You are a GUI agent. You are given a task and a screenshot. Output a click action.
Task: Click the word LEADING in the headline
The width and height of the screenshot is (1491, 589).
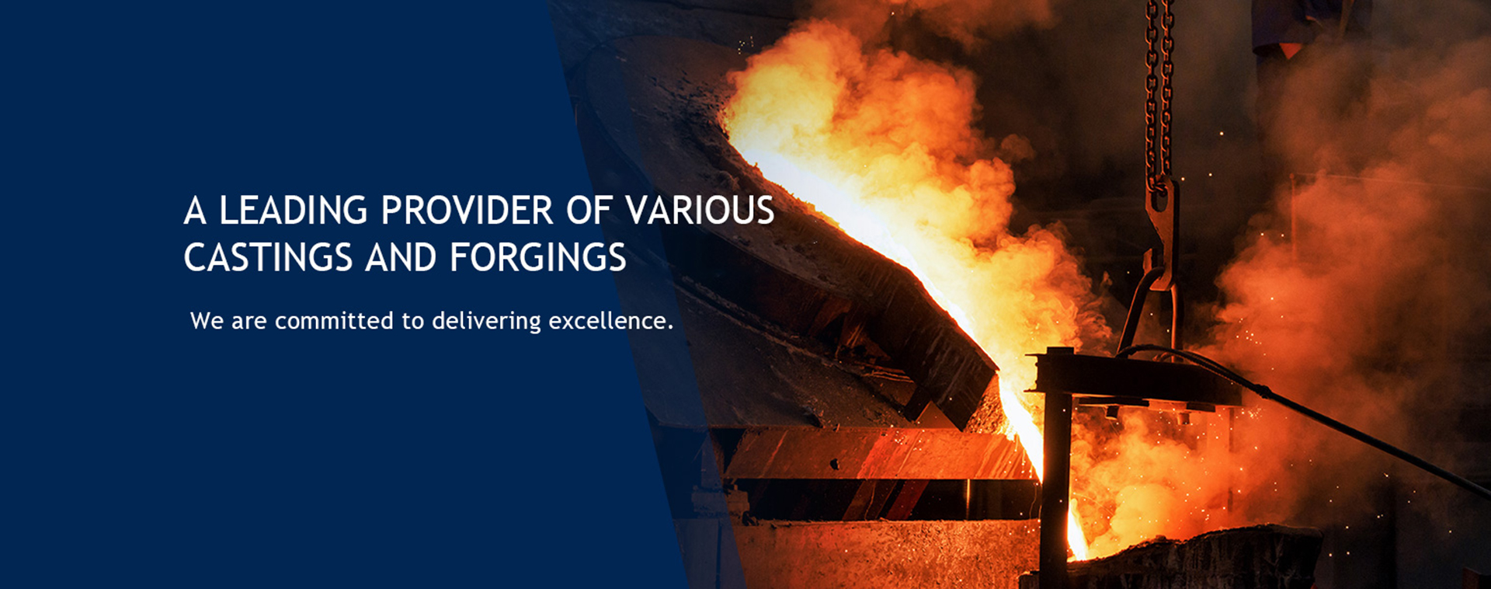tap(293, 211)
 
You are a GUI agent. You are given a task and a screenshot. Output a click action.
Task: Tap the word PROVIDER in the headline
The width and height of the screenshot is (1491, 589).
tap(467, 211)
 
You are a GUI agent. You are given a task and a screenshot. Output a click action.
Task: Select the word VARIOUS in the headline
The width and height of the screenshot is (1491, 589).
tap(700, 211)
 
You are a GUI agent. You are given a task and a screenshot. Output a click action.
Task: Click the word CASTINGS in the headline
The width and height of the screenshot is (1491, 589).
tap(268, 258)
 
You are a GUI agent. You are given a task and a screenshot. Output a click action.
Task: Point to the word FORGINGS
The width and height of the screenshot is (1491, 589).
tap(538, 258)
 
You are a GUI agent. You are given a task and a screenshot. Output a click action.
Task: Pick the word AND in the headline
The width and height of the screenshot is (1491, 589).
tap(401, 258)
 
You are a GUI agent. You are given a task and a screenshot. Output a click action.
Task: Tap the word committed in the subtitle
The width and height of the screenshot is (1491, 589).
tap(334, 320)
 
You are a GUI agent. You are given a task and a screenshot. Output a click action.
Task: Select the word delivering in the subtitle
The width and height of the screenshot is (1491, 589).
tap(486, 322)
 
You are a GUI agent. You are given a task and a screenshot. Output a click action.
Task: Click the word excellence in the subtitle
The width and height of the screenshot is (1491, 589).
tap(607, 320)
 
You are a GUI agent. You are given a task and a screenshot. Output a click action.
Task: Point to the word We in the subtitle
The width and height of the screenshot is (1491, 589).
tap(207, 320)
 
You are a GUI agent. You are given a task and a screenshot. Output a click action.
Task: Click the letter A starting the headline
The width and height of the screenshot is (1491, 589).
tap(195, 211)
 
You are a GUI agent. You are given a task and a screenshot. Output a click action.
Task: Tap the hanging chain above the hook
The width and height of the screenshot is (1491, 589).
tap(1159, 89)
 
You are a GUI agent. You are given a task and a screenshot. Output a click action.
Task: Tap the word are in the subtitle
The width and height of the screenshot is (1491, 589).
tap(249, 322)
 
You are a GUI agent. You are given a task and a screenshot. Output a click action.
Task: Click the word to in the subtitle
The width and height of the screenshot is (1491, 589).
tap(412, 321)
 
